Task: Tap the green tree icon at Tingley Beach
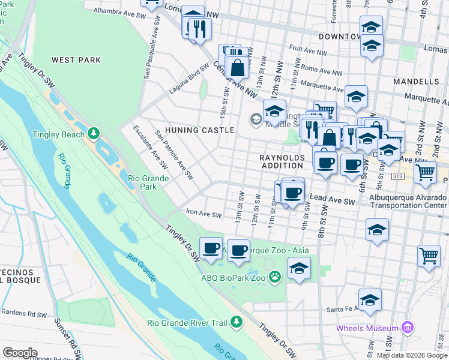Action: (93, 133)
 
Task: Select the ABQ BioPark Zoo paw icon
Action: (275, 277)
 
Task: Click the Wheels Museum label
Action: (367, 328)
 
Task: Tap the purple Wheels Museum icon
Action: (408, 328)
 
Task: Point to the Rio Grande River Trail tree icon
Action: (237, 322)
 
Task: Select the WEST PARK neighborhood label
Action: (76, 60)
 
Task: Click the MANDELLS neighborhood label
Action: (416, 81)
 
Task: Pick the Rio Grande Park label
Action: (142, 182)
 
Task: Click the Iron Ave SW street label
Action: (204, 215)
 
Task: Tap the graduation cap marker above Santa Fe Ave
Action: (370, 299)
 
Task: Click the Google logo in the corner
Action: (20, 352)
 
